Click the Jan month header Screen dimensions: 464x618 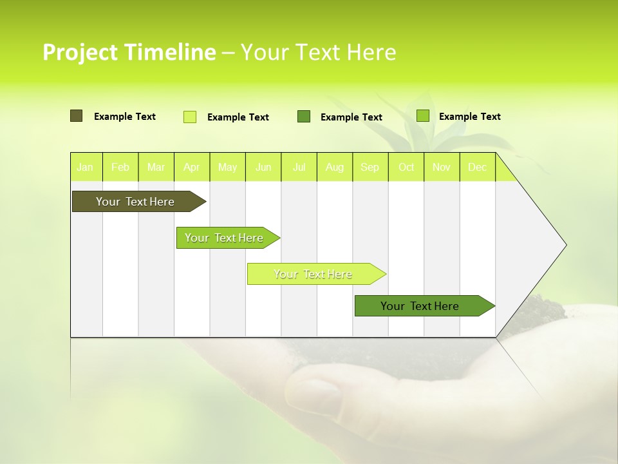pos(86,168)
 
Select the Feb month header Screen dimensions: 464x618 pos(120,168)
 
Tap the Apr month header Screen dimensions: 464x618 pos(192,168)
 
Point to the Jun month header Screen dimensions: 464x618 pos(263,168)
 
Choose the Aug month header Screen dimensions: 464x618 pos(335,168)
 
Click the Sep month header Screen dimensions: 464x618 pos(370,168)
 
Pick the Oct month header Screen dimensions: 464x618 pos(406,168)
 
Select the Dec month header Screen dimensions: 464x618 pos(478,168)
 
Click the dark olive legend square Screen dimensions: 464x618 pos(76,116)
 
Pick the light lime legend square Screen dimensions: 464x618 pos(190,117)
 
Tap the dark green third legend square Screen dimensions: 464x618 pos(304,117)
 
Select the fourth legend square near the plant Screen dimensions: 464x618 pos(422,116)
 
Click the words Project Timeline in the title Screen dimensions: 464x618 pos(129,52)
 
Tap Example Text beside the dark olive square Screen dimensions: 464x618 pos(125,117)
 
